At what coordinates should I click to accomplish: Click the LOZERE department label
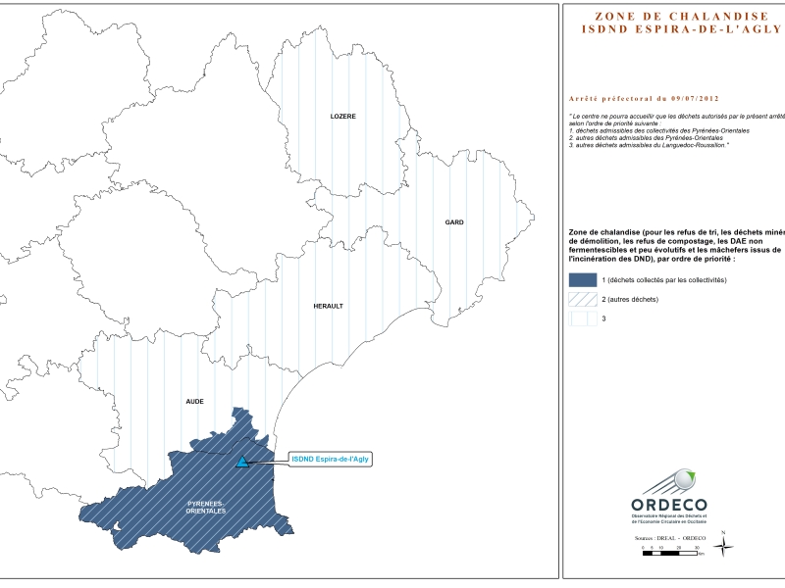342,117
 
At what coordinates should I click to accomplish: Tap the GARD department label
454,222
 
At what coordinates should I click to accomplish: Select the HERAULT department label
328,306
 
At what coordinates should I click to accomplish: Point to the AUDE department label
195,402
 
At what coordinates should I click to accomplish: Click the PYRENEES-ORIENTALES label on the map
206,507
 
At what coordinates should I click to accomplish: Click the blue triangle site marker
242,461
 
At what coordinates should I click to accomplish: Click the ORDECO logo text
671,503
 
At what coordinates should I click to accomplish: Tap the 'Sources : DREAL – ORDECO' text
671,538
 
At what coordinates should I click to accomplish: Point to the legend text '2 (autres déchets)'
630,299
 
